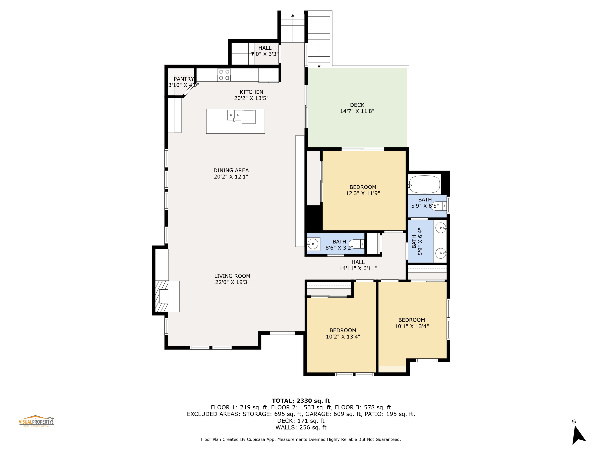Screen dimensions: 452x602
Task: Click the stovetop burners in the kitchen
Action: (224, 75)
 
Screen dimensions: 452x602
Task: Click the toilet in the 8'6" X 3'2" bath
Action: (357, 243)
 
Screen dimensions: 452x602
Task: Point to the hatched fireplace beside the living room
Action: (162, 296)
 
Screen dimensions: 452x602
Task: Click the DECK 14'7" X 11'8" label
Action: (357, 108)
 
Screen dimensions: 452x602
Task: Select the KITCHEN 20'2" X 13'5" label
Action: (251, 95)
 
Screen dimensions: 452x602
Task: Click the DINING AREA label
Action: (231, 173)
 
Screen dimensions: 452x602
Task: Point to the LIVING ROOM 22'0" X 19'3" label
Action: (232, 279)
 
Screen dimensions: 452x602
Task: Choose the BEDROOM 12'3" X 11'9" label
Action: (363, 190)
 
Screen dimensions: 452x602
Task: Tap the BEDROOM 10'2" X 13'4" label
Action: (343, 333)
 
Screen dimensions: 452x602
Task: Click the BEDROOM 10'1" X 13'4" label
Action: (412, 323)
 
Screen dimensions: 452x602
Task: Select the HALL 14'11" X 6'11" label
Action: (358, 265)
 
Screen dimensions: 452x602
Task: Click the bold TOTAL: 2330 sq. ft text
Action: (301, 401)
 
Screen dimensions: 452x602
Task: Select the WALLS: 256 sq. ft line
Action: (301, 427)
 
